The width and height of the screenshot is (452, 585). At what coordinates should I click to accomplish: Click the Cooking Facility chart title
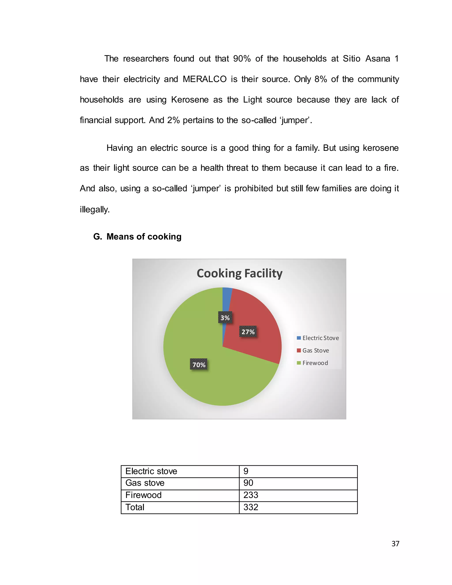point(239,273)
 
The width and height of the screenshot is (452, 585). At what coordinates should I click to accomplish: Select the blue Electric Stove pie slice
point(226,300)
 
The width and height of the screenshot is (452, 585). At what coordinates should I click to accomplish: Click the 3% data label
point(225,318)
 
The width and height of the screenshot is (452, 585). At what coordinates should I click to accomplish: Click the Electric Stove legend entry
point(318,338)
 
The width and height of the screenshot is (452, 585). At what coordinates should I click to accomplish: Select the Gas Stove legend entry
point(313,350)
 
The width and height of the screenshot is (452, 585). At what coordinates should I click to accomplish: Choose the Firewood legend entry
point(313,363)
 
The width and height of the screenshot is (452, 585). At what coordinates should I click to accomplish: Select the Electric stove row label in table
point(151,471)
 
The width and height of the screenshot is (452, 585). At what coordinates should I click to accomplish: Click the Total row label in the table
point(135,507)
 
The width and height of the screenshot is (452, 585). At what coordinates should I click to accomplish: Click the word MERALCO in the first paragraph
point(205,79)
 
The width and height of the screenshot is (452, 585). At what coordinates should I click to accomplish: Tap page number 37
point(395,544)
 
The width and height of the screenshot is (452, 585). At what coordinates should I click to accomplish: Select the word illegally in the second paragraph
point(95,209)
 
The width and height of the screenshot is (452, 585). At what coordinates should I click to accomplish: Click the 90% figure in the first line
point(241,59)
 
